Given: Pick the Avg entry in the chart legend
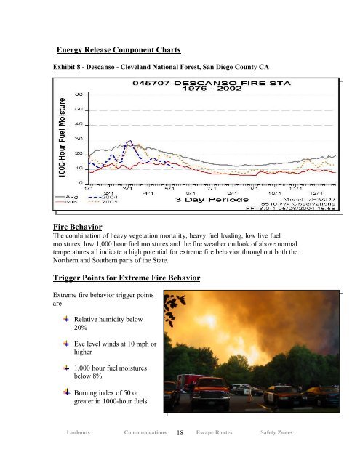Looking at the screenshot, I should pyautogui.click(x=64, y=194).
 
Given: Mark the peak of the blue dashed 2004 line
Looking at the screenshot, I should pyautogui.click(x=129, y=141).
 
